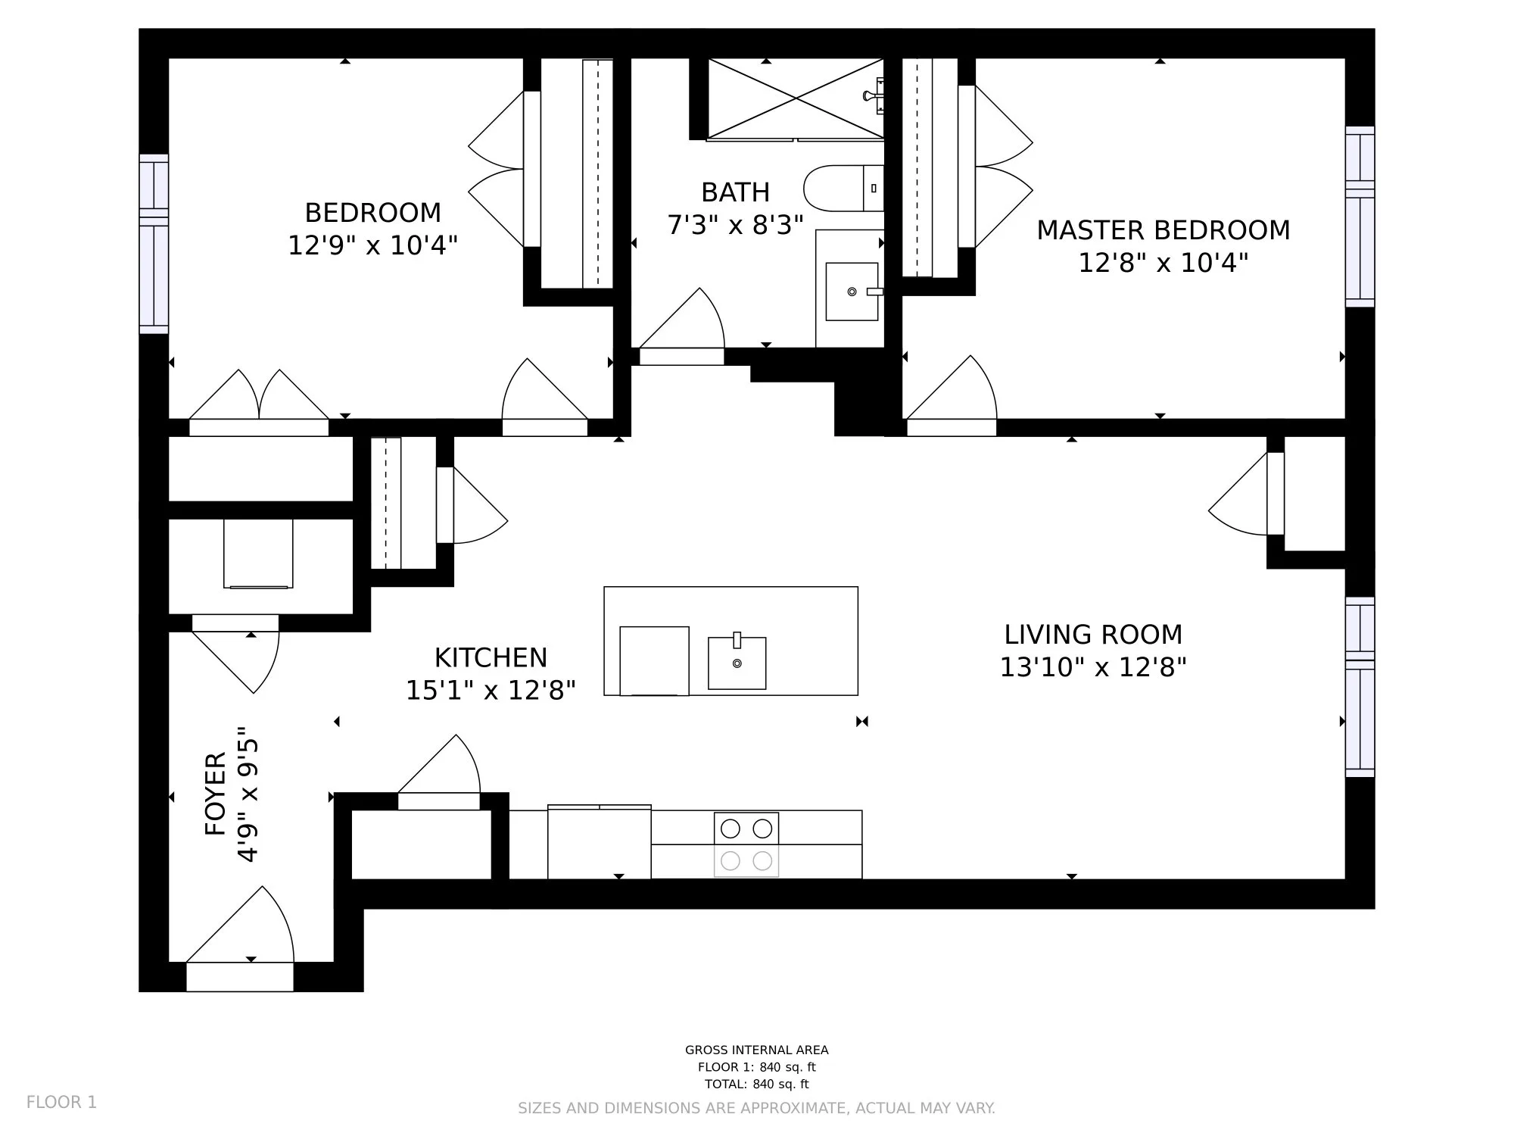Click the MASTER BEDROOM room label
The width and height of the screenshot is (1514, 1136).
(x=1163, y=230)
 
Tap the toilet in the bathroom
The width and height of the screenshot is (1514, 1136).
(x=843, y=188)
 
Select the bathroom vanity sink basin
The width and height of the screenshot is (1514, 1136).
(x=852, y=292)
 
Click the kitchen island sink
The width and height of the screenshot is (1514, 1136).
(x=737, y=663)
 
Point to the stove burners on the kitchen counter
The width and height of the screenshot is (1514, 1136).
(x=746, y=844)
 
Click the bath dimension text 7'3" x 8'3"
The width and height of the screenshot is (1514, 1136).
(x=735, y=225)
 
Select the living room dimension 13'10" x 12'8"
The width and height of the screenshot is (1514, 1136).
(x=1093, y=667)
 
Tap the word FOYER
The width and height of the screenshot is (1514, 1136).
(x=216, y=794)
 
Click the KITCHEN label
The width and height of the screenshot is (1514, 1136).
(x=491, y=657)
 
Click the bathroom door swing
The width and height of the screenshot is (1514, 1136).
(x=682, y=319)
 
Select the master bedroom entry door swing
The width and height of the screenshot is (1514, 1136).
(x=952, y=388)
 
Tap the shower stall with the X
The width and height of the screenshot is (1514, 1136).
(x=796, y=98)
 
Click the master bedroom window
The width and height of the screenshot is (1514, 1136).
(x=1360, y=217)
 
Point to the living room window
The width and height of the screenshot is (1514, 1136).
(x=1360, y=687)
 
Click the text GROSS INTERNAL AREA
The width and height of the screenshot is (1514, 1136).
(x=757, y=1050)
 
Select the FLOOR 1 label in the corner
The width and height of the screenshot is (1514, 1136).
(x=62, y=1102)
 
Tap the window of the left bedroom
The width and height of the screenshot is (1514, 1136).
(x=154, y=244)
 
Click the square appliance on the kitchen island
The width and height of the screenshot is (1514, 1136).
(x=654, y=661)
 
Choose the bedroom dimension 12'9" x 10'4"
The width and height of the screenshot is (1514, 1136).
(x=372, y=245)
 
